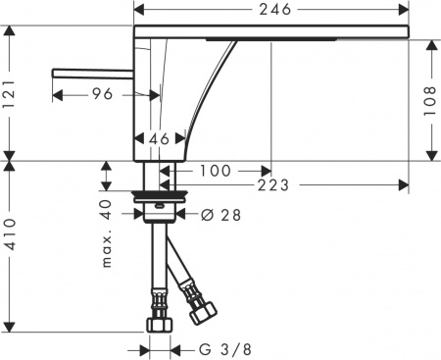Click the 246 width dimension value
[274, 10]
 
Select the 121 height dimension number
[10, 94]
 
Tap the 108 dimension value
[430, 101]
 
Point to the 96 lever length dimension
[102, 94]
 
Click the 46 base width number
[159, 139]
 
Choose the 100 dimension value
[215, 171]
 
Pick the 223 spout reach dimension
[273, 185]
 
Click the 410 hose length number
[10, 234]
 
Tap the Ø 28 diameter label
[220, 215]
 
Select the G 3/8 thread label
[225, 350]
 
